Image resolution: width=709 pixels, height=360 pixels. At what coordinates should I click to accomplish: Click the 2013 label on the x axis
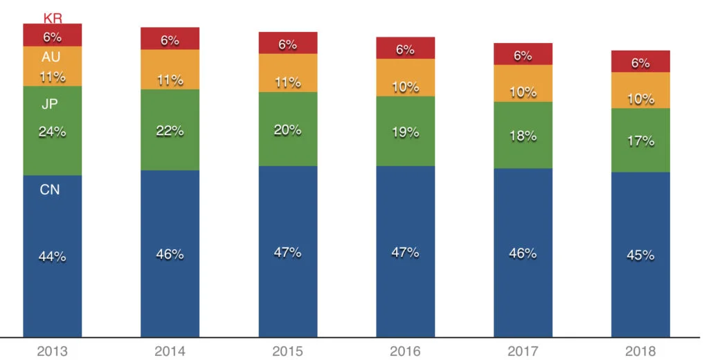coord(53,350)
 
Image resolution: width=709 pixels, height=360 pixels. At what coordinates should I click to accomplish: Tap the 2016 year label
coord(405,350)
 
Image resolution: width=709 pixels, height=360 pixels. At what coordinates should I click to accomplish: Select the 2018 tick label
coord(640,350)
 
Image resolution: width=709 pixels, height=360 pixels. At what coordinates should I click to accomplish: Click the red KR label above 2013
coord(53,18)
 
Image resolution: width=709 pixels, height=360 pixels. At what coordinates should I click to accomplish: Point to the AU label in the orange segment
coord(51,57)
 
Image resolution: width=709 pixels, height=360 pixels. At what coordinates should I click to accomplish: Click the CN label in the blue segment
coord(50,189)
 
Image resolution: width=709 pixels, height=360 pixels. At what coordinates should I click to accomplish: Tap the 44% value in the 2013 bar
coord(53,256)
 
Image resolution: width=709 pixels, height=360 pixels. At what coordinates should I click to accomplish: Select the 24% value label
coord(53,132)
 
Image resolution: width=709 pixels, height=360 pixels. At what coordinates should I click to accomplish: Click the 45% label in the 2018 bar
coord(640,255)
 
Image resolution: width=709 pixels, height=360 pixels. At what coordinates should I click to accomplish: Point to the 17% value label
coord(640,141)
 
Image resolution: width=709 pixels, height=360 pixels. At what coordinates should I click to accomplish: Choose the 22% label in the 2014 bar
coord(170,130)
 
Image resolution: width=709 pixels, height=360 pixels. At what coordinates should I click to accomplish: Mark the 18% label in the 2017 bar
coord(523,136)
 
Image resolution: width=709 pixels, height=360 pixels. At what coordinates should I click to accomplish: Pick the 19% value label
coord(405,132)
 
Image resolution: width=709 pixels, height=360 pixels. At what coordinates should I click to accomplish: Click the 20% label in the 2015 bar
coord(287,129)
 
